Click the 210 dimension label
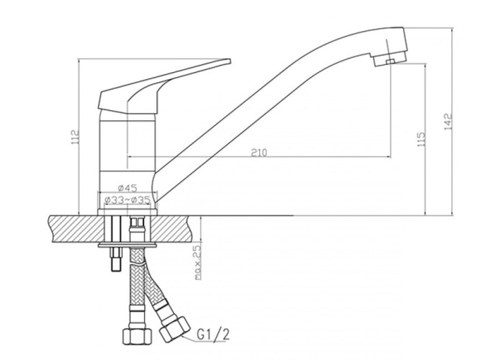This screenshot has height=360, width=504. tap(259, 152)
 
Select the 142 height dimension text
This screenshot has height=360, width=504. tap(448, 122)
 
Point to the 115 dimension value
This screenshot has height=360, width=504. tap(421, 139)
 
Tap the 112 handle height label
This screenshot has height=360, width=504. tap(75, 137)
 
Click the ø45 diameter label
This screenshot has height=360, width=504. tap(127, 188)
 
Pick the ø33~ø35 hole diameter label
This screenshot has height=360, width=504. tap(127, 200)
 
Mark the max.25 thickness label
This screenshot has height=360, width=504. tap(198, 262)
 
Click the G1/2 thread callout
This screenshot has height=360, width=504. tap(213, 336)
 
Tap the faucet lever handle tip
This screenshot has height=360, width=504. tap(230, 60)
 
